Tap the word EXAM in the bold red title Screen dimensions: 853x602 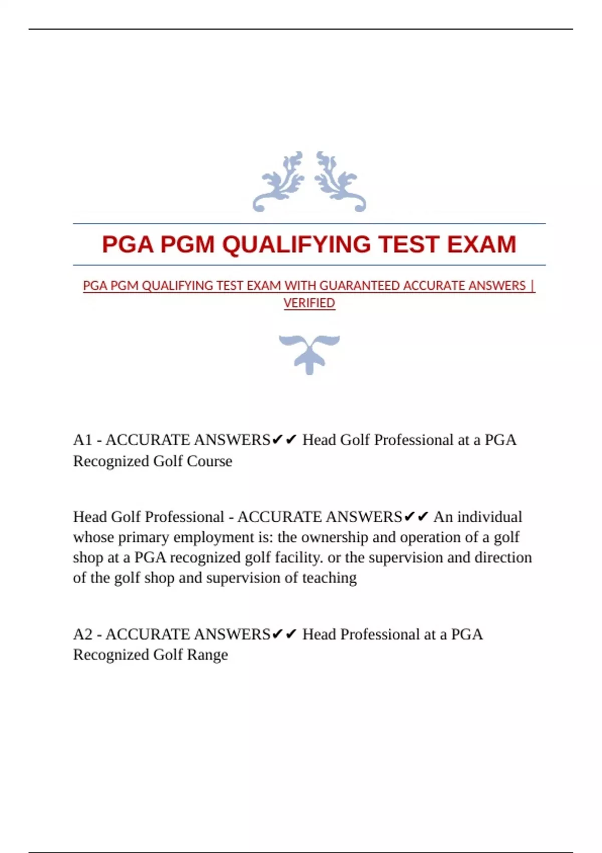[x=481, y=245]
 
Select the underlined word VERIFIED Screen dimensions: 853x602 [x=309, y=303]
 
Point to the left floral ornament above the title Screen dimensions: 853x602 [x=279, y=182]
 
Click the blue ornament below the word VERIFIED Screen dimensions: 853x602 [x=309, y=354]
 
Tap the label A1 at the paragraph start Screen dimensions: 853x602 [x=82, y=440]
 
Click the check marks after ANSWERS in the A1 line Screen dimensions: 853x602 [x=284, y=440]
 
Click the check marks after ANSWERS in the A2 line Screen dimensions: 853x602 [x=284, y=635]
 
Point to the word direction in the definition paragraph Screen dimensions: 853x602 [x=503, y=557]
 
